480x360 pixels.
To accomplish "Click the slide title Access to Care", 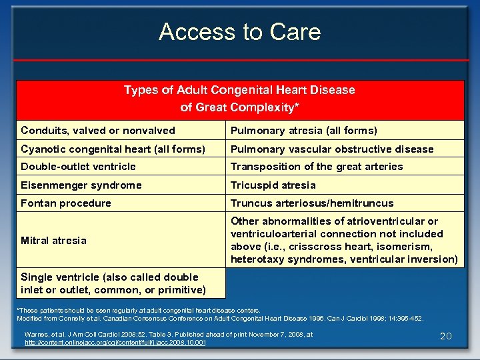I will [240, 32].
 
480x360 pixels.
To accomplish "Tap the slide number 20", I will [446, 336].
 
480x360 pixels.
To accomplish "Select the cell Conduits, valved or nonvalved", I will [98, 131].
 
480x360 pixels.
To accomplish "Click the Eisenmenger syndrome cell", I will [81, 185].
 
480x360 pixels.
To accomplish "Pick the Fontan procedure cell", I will [66, 203].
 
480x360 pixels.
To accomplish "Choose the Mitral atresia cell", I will [53, 241].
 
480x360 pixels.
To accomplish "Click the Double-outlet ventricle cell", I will [78, 167].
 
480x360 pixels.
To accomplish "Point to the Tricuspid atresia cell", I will [273, 185].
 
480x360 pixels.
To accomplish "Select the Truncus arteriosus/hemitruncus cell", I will [312, 203].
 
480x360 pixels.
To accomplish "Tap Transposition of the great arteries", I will [317, 167].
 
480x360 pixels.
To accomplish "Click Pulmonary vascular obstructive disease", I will [332, 149].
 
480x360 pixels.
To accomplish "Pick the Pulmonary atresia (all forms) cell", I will [304, 131].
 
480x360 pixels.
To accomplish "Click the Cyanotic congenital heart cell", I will [113, 149].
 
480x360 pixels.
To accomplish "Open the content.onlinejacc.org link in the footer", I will [115, 343].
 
